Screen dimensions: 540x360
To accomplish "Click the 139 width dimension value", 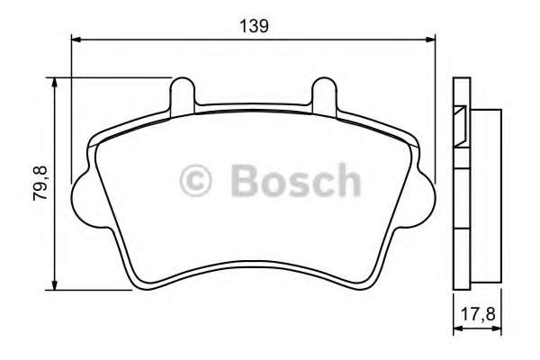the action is (x=254, y=26).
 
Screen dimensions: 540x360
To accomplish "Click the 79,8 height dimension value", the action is (x=40, y=184).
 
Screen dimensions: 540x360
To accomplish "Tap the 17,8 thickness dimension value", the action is (x=478, y=314).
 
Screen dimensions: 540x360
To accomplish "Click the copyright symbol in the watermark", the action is (x=195, y=180).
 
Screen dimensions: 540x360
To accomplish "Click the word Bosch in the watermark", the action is (x=296, y=180).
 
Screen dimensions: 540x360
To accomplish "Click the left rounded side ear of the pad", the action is (x=83, y=200).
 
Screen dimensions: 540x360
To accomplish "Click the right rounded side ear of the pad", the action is (x=424, y=200).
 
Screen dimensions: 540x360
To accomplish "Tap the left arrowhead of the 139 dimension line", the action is (x=76, y=40).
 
